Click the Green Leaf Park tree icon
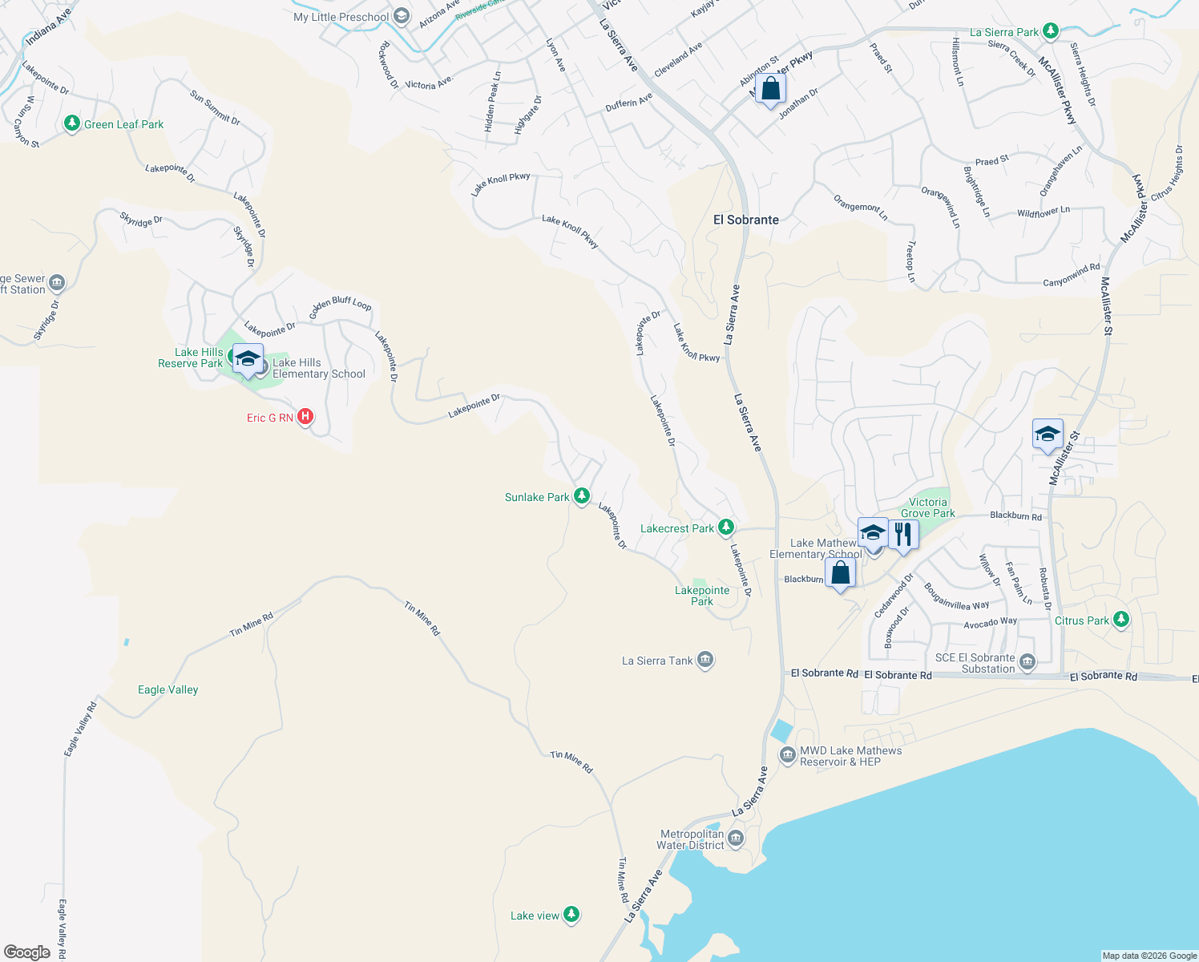[72, 123]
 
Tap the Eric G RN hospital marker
[305, 417]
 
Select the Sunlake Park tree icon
[582, 496]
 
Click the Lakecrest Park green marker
[725, 527]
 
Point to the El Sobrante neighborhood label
[745, 220]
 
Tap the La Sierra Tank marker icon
[705, 660]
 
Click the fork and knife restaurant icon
[903, 535]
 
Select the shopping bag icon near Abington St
[770, 89]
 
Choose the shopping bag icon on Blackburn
[840, 573]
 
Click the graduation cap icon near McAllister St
[1048, 435]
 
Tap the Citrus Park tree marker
[1121, 620]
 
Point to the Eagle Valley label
[168, 689]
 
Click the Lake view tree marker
[571, 915]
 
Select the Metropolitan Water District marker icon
[736, 839]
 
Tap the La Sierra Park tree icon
[1051, 32]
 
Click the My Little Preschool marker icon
[402, 17]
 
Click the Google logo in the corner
[26, 952]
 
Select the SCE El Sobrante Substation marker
[1028, 662]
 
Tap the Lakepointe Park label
[702, 596]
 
